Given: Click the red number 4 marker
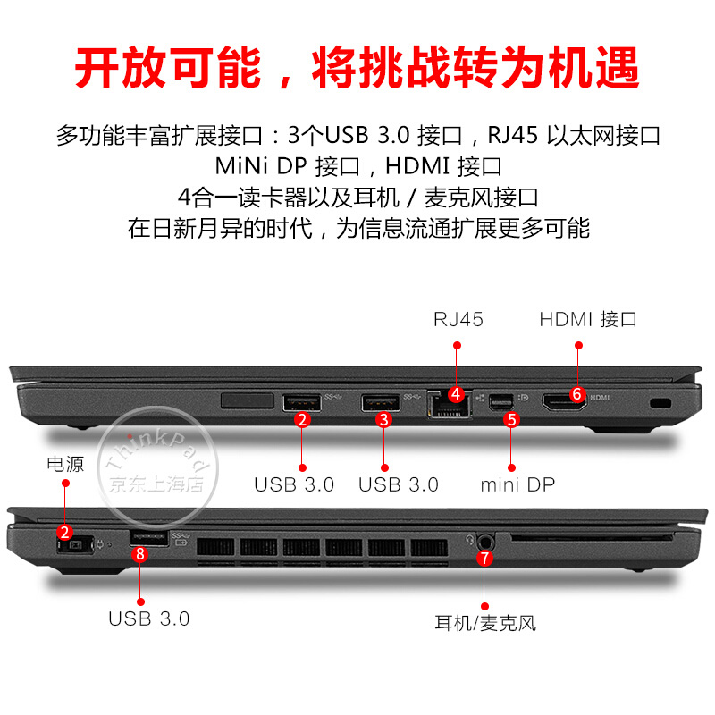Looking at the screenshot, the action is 457,394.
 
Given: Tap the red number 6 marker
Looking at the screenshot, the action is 577,394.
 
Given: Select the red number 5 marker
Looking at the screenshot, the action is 511,420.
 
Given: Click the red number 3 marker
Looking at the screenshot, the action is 384,420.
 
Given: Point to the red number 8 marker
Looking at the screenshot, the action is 140,554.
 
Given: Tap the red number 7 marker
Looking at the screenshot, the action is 484,558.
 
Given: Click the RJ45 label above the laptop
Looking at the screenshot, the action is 458,320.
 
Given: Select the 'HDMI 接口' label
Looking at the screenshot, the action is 588,320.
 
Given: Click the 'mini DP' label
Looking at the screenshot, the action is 517,484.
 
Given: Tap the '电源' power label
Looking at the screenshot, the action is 65,464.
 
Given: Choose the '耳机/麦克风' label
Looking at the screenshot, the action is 485,623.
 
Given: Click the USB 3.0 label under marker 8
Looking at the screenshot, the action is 148,619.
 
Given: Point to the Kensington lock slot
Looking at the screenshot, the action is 660,403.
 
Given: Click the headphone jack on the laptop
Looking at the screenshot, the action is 485,543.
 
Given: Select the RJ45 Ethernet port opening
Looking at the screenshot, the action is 450,405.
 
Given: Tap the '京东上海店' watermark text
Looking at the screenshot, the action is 156,484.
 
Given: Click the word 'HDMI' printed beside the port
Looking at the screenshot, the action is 600,398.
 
